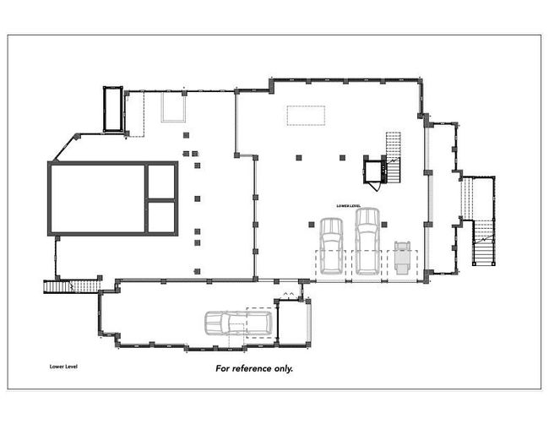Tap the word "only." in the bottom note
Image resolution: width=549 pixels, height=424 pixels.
[x=283, y=368]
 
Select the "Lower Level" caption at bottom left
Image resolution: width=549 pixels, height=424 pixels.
[x=63, y=367]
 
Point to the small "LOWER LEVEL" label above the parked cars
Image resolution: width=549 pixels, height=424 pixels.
[x=348, y=206]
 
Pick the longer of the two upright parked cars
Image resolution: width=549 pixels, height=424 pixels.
[x=367, y=242]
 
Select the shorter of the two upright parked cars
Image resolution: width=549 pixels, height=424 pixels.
[x=331, y=246]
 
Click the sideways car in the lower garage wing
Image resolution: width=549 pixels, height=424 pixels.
[x=238, y=323]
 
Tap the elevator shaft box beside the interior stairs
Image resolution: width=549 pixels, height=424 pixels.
[x=372, y=171]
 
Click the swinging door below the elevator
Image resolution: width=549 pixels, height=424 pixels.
[x=375, y=187]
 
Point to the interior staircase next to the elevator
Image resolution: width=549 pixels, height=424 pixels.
[x=393, y=157]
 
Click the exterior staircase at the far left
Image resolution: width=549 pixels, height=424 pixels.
[x=72, y=286]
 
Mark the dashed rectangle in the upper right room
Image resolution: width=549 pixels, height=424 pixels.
[x=306, y=116]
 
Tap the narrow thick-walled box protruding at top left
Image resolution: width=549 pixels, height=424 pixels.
[x=113, y=109]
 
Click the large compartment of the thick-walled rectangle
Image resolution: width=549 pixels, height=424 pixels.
[x=97, y=198]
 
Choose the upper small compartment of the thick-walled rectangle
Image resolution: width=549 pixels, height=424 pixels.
[x=161, y=182]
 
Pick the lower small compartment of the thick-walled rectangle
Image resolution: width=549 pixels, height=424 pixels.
[x=161, y=217]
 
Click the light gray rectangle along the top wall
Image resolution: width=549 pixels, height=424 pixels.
[x=173, y=106]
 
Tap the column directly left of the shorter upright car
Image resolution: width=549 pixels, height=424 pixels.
[x=312, y=225]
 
